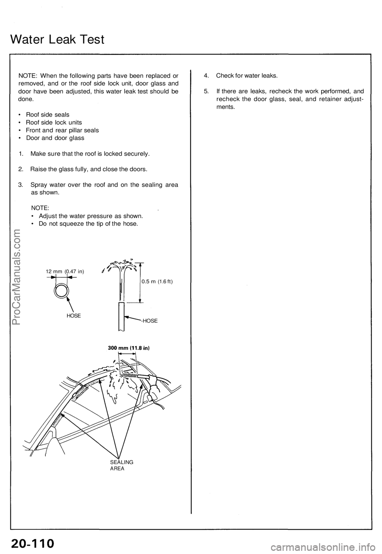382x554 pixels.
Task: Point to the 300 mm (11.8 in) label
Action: click(129, 347)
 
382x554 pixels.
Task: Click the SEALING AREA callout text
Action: click(121, 465)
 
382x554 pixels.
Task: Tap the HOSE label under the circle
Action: click(74, 315)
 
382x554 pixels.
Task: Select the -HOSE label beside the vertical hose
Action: click(149, 320)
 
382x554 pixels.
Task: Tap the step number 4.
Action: click(206, 75)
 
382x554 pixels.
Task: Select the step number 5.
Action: click(206, 91)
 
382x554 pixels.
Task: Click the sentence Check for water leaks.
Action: click(247, 75)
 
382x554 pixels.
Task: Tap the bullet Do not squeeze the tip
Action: click(88, 224)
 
